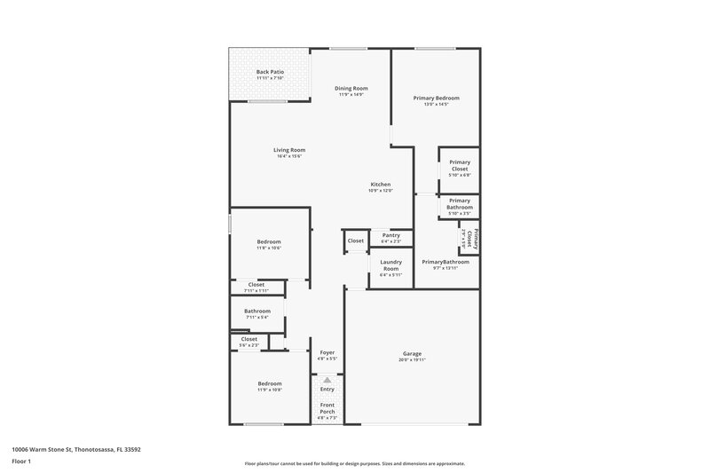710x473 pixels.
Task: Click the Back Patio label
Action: pyautogui.click(x=270, y=72)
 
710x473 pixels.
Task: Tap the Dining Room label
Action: pyautogui.click(x=351, y=88)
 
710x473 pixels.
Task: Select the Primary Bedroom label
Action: pyautogui.click(x=437, y=98)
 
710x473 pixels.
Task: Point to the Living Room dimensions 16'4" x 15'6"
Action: pyautogui.click(x=289, y=157)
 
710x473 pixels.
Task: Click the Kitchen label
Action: pyautogui.click(x=381, y=184)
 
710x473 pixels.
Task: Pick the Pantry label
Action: pyautogui.click(x=391, y=235)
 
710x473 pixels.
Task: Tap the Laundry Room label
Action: pyautogui.click(x=391, y=264)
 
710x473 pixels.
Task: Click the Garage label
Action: pyautogui.click(x=413, y=353)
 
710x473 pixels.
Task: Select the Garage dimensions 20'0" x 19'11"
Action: pyautogui.click(x=413, y=360)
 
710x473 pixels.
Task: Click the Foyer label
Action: pyautogui.click(x=327, y=352)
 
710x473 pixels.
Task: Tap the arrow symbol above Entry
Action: pyautogui.click(x=327, y=380)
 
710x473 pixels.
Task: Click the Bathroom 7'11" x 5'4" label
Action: pyautogui.click(x=257, y=311)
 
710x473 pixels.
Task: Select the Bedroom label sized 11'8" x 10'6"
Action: pyautogui.click(x=269, y=241)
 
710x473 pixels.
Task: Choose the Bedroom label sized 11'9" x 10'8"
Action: pyautogui.click(x=269, y=383)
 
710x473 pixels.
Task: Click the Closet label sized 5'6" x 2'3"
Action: pyautogui.click(x=249, y=339)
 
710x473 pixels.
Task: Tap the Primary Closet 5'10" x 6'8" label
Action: pyautogui.click(x=460, y=165)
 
